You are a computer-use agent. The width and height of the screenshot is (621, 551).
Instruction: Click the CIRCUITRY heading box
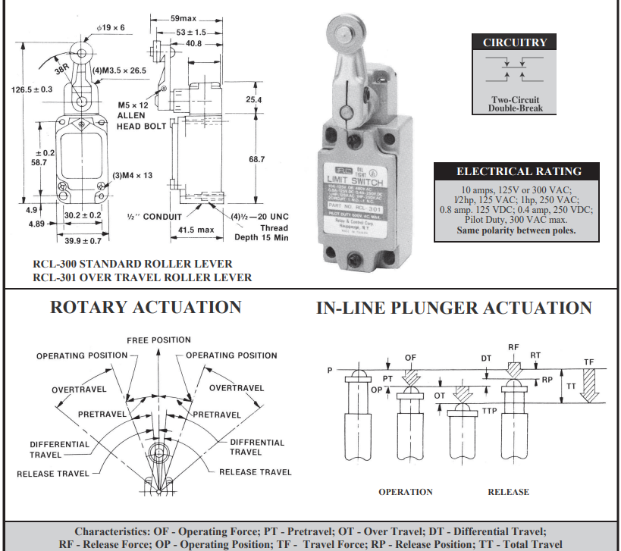(x=515, y=42)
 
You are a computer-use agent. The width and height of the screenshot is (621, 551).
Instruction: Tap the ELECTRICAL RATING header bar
(x=518, y=171)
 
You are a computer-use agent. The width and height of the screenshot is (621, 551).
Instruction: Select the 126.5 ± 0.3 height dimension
(x=32, y=89)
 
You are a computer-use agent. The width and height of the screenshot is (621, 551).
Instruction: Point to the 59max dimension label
(x=167, y=17)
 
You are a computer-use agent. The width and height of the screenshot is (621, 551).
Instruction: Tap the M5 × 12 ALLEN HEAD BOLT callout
(x=136, y=115)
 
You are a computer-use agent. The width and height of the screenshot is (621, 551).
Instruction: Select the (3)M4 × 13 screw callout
(x=133, y=175)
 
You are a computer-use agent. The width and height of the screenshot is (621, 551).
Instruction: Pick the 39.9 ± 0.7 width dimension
(x=82, y=240)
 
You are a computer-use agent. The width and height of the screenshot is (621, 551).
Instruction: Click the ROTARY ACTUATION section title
(x=146, y=307)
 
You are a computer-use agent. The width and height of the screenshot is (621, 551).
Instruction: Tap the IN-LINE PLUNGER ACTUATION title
(x=453, y=308)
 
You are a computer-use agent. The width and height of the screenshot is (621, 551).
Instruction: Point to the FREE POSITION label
(x=158, y=340)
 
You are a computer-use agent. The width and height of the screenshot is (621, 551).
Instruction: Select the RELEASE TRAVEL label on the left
(x=52, y=474)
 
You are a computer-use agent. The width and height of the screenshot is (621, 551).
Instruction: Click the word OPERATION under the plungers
(x=406, y=492)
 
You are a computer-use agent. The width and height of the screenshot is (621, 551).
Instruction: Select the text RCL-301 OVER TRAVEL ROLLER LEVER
(x=143, y=277)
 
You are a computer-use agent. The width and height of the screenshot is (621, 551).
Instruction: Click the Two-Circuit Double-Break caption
(x=516, y=104)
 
